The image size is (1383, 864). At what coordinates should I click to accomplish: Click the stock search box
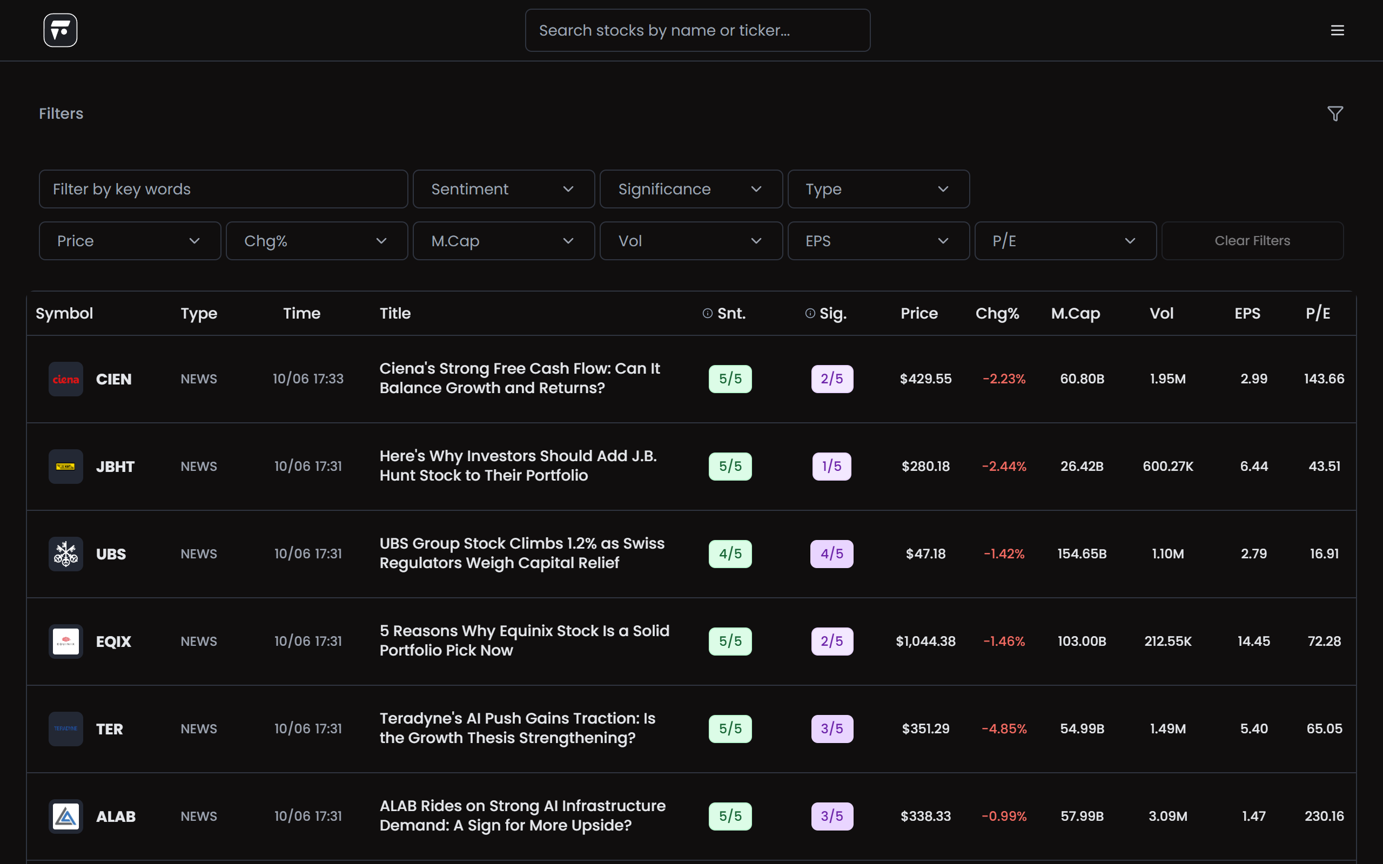(x=697, y=30)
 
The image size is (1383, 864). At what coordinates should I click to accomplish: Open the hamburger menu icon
(x=1337, y=30)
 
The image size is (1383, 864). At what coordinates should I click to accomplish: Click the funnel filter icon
(x=1335, y=114)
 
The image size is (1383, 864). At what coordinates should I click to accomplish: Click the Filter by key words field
(x=223, y=189)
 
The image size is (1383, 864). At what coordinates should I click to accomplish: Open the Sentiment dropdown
(x=503, y=189)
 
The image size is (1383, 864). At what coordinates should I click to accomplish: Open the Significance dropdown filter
(x=691, y=189)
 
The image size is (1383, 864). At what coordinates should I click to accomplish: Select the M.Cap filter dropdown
(x=503, y=241)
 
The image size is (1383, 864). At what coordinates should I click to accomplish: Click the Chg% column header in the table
(x=997, y=313)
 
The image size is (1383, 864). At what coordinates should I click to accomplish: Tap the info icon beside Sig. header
(x=810, y=313)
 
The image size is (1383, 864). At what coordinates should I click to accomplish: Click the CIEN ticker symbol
(x=114, y=379)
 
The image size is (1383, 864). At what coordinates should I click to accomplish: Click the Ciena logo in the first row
(x=66, y=379)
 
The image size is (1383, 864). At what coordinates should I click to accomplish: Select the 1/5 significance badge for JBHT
(x=831, y=466)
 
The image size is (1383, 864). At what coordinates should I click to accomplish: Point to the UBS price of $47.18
(x=925, y=553)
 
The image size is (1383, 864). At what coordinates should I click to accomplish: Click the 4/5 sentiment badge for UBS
(x=730, y=553)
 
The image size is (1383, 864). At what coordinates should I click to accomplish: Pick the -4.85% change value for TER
(x=1004, y=728)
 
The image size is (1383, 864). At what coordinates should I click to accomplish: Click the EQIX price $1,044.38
(x=925, y=641)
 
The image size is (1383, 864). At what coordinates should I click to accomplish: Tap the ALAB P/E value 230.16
(x=1324, y=816)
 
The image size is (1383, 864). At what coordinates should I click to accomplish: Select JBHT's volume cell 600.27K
(x=1167, y=466)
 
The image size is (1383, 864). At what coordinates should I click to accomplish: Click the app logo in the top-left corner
(x=61, y=30)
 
